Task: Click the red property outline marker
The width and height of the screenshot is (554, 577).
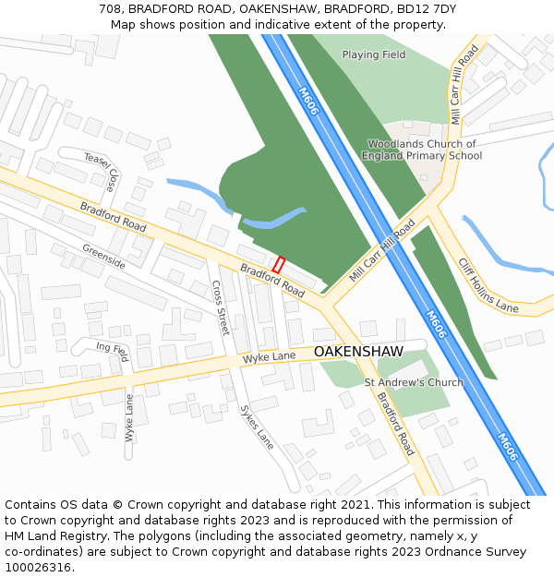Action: [x=279, y=265]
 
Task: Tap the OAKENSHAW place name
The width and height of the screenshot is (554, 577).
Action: [x=358, y=352]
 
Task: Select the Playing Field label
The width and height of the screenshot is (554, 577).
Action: [x=374, y=54]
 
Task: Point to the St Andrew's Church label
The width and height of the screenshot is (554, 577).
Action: [x=414, y=382]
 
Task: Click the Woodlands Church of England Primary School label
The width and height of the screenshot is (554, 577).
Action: [x=422, y=150]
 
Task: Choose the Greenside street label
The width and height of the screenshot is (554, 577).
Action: [x=103, y=257]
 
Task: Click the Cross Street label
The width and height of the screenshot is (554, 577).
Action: [x=221, y=307]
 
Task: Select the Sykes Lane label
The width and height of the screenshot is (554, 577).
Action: [x=257, y=427]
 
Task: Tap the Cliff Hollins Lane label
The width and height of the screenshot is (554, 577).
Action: [x=489, y=284]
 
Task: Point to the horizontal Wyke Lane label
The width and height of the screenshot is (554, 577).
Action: [x=270, y=356]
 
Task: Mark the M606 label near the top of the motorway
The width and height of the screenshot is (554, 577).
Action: [x=309, y=101]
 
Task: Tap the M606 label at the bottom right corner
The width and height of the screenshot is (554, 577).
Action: [x=507, y=447]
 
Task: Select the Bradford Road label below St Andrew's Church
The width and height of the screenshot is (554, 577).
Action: [x=395, y=424]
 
